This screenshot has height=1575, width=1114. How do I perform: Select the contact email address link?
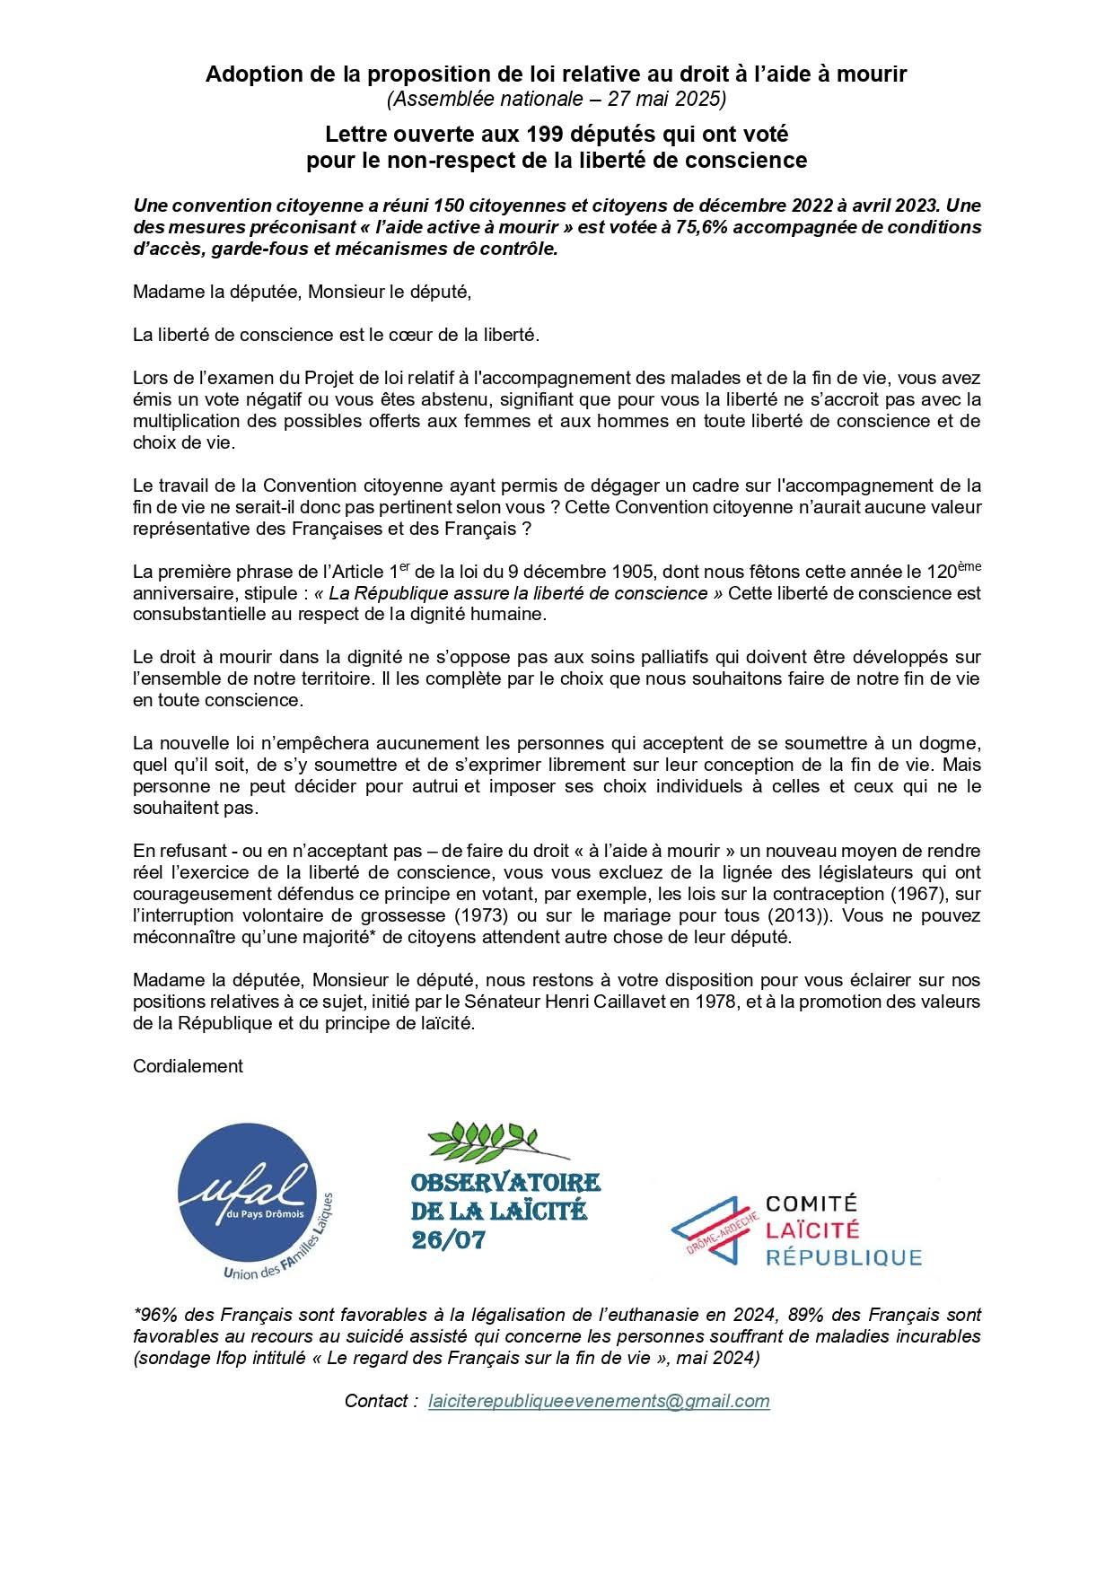click(599, 1401)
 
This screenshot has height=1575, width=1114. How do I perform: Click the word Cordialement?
click(188, 1066)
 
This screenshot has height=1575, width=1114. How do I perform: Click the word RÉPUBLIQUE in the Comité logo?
click(843, 1256)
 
